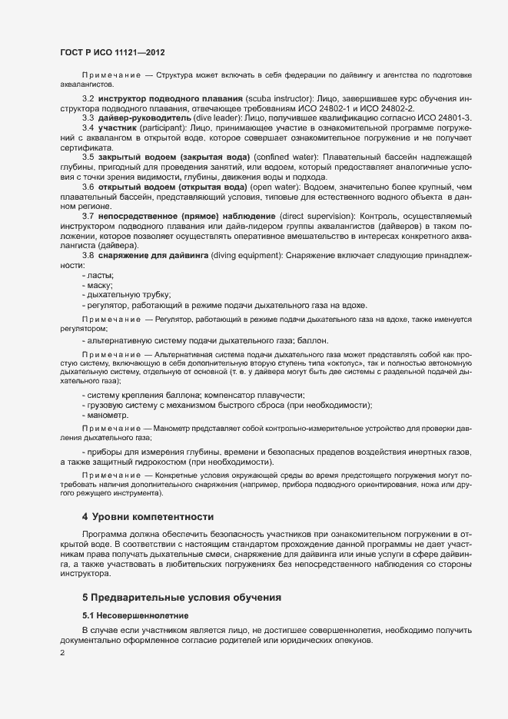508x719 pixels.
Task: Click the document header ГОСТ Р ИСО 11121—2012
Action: [x=111, y=52]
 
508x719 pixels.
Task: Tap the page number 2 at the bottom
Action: [x=62, y=654]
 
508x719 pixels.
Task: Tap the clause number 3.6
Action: [x=88, y=187]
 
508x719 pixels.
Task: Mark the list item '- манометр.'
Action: [x=106, y=415]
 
